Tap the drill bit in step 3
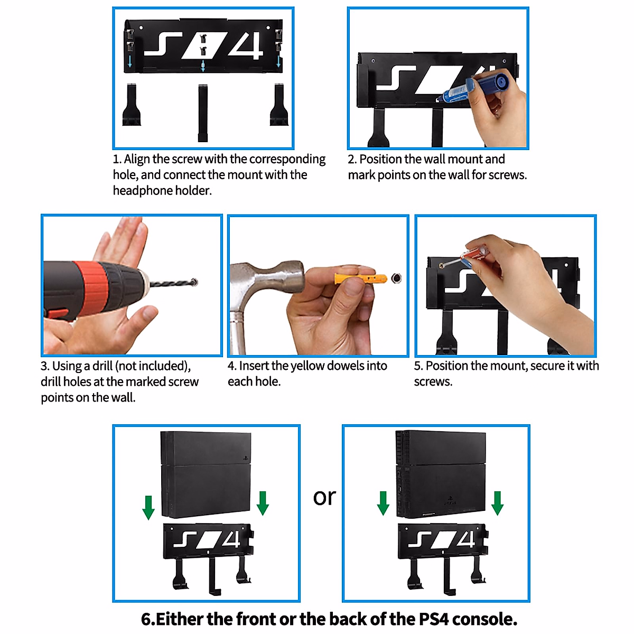pyautogui.click(x=172, y=284)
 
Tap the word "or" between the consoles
pyautogui.click(x=324, y=497)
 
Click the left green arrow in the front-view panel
pyautogui.click(x=148, y=507)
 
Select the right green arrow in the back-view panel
pyautogui.click(x=497, y=503)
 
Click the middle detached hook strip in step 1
pyautogui.click(x=203, y=113)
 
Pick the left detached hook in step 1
pyautogui.click(x=131, y=106)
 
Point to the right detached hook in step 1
pyautogui.click(x=278, y=106)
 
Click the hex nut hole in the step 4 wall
pyautogui.click(x=396, y=278)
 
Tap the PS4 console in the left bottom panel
pyautogui.click(x=206, y=474)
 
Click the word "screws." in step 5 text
pyautogui.click(x=433, y=381)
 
